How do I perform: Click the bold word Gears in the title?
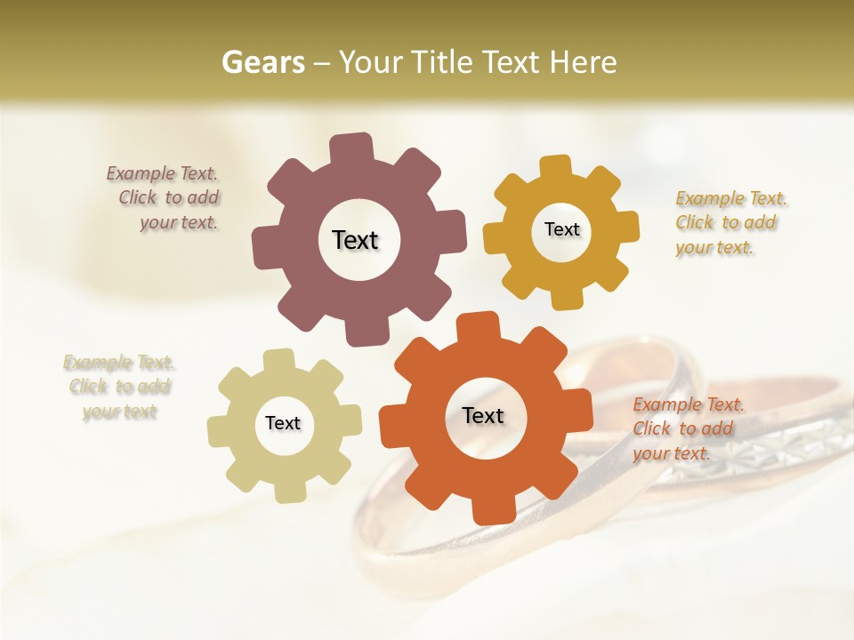262,62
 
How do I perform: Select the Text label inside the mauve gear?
355,240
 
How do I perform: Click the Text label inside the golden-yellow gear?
561,229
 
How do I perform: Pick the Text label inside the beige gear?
283,423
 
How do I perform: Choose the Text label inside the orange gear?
483,415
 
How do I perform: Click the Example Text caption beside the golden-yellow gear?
729,222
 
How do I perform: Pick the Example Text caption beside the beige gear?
119,387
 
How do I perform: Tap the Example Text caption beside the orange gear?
687,428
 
